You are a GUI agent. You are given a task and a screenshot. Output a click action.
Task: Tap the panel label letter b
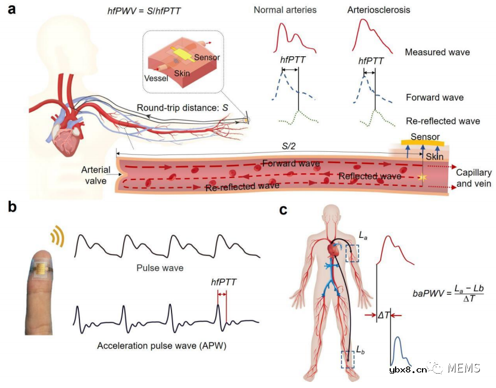tap(12, 207)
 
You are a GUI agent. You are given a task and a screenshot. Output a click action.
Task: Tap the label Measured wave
tap(437, 53)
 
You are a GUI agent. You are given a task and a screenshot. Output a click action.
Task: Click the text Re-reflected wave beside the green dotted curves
tap(442, 121)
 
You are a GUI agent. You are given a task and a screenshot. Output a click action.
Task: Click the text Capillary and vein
tap(473, 178)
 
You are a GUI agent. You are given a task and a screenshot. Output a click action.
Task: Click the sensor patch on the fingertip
tap(41, 270)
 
